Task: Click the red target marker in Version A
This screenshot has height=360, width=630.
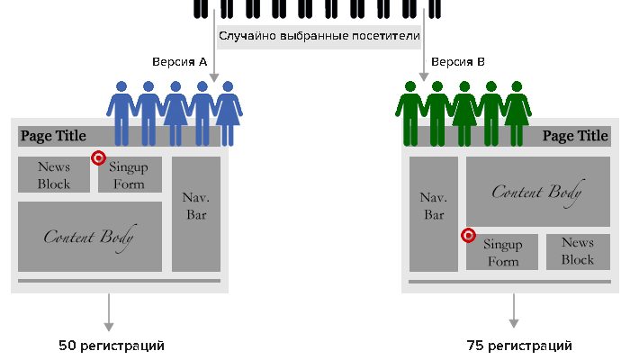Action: (99, 157)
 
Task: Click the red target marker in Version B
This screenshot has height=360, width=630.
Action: (468, 236)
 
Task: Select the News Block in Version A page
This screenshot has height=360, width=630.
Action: (54, 175)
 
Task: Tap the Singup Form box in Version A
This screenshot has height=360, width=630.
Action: (130, 175)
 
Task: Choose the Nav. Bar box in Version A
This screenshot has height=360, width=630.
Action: (195, 214)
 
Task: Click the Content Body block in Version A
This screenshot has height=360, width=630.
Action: (89, 237)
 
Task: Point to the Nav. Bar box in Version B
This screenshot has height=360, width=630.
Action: (434, 214)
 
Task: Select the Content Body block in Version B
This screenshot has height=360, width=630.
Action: (536, 192)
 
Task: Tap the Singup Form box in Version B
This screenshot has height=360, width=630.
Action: (502, 252)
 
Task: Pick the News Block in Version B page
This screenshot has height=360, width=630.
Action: (577, 251)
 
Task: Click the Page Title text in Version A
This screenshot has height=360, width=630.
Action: (54, 136)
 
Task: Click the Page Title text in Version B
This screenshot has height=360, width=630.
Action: (575, 136)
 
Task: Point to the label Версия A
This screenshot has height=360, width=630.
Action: (180, 62)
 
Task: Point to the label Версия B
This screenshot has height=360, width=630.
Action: (458, 62)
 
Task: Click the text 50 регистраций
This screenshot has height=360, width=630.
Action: (112, 346)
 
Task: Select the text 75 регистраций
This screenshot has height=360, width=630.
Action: (519, 346)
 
